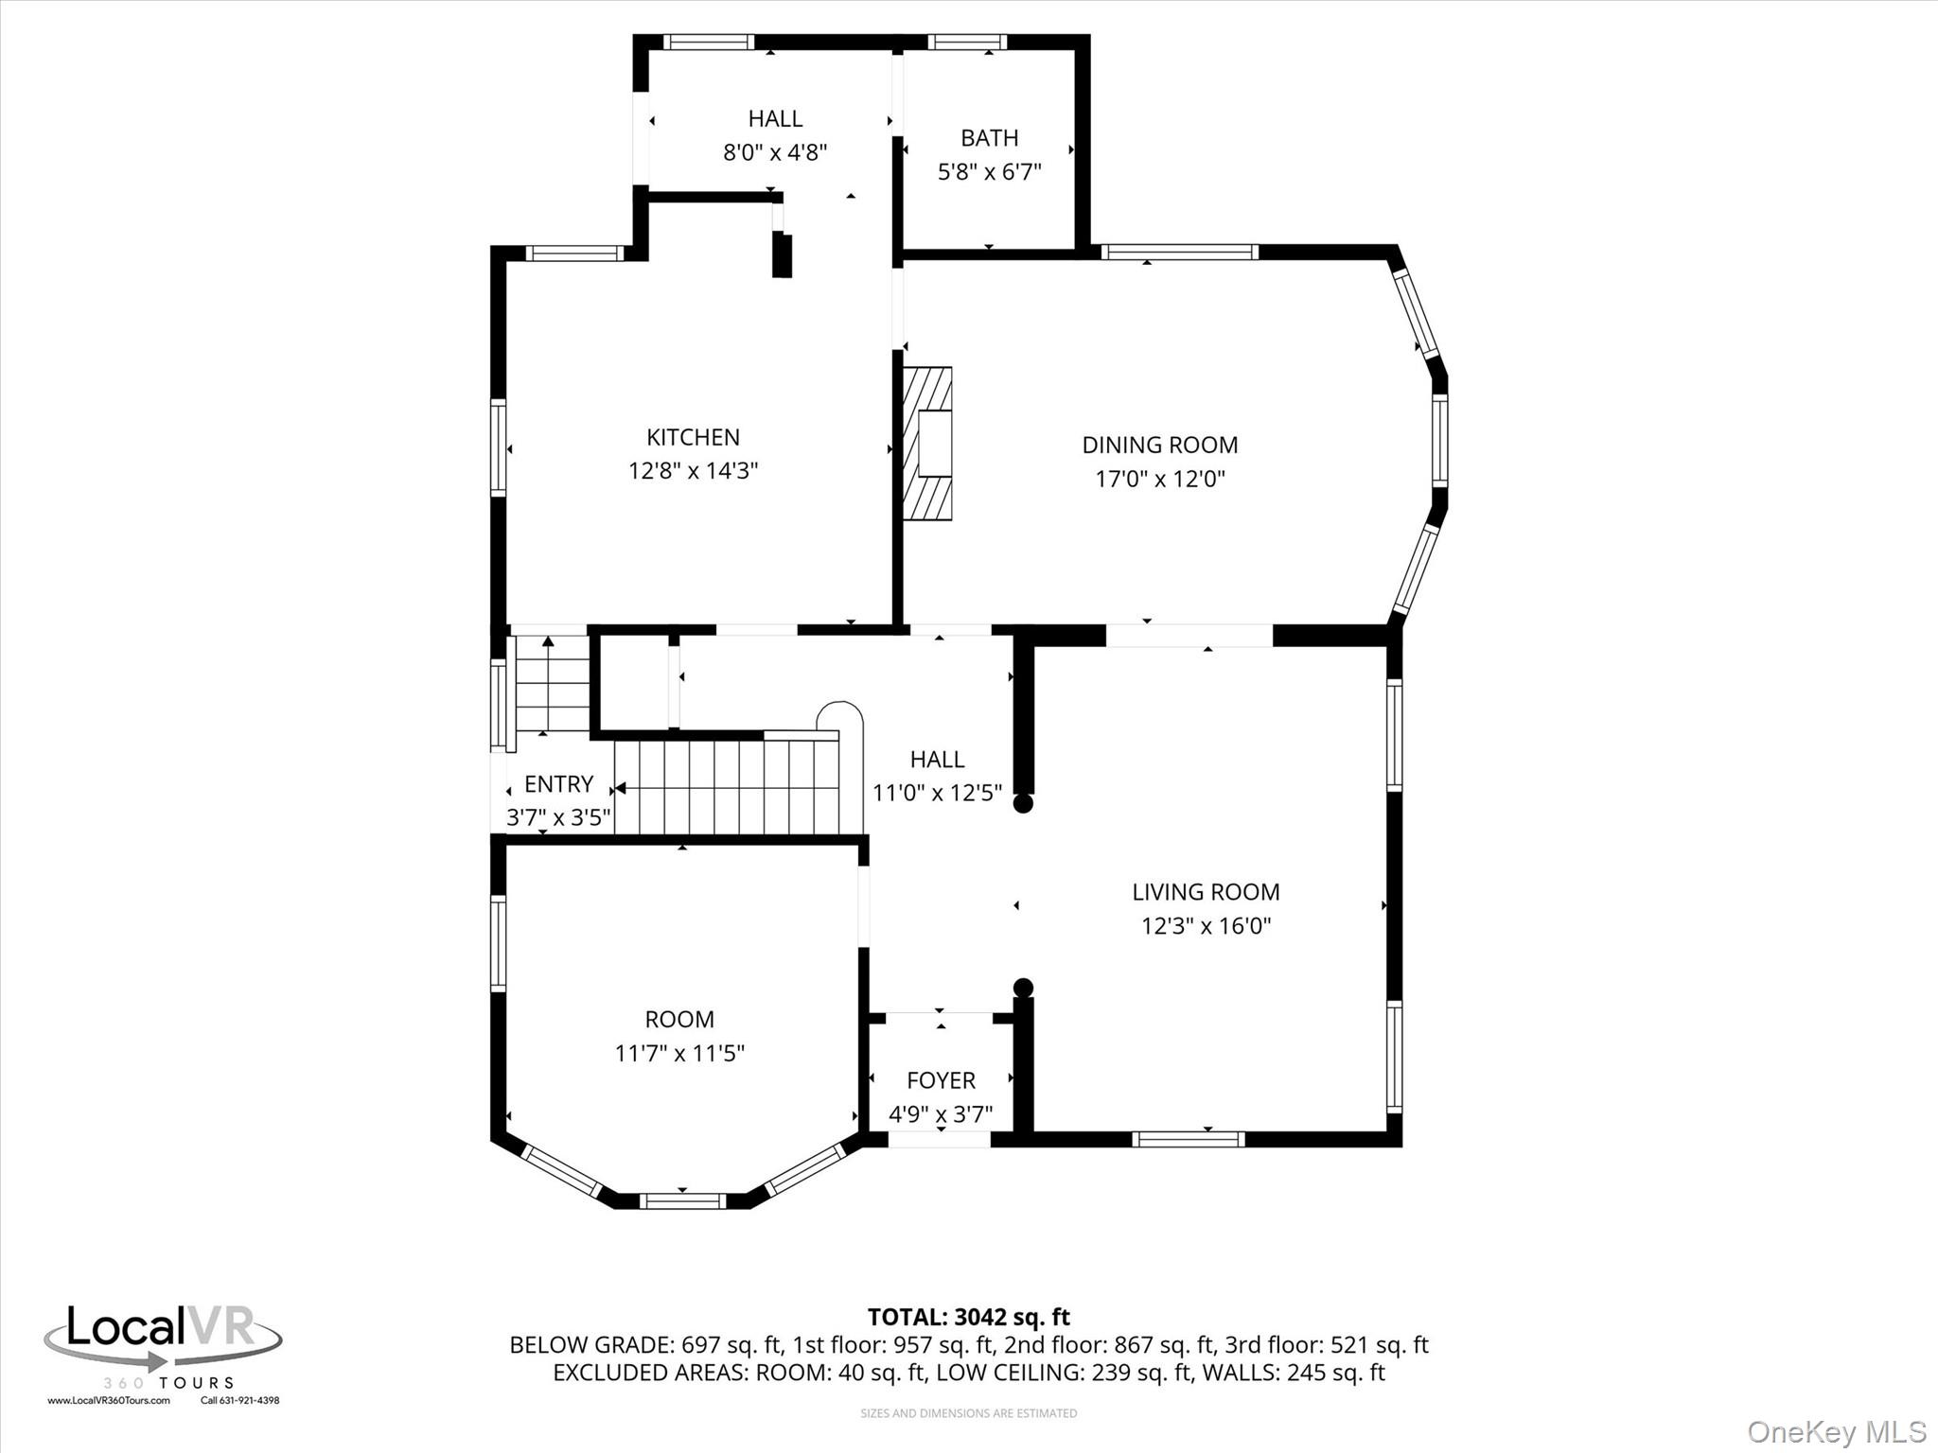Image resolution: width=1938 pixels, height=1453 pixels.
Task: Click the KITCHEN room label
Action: pyautogui.click(x=693, y=437)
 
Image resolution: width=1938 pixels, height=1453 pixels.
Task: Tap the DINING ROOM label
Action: pyautogui.click(x=1160, y=445)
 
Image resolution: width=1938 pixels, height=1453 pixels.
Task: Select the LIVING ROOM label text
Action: pyautogui.click(x=1206, y=892)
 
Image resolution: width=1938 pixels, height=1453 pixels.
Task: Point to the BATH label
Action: pyautogui.click(x=990, y=138)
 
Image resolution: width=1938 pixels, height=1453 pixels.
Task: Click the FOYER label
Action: pyautogui.click(x=941, y=1080)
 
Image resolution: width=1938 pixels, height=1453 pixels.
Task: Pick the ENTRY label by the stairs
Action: pyautogui.click(x=558, y=784)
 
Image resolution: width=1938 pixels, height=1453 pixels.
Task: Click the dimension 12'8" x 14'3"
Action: pyautogui.click(x=694, y=470)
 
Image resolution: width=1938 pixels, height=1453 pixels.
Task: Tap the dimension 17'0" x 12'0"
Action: pyautogui.click(x=1160, y=479)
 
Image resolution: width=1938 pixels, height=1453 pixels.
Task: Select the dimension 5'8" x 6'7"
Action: pyautogui.click(x=990, y=172)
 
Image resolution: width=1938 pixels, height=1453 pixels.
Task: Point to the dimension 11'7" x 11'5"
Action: pyautogui.click(x=679, y=1053)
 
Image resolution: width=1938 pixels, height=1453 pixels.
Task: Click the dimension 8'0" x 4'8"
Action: pyautogui.click(x=775, y=152)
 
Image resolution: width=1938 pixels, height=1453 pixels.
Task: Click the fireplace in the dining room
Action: pyautogui.click(x=927, y=444)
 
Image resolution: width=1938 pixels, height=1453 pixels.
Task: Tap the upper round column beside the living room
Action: pyautogui.click(x=1023, y=804)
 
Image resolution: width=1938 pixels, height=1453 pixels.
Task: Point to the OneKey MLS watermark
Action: pyautogui.click(x=1837, y=1431)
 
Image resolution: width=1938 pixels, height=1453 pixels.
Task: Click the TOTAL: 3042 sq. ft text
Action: pyautogui.click(x=969, y=1317)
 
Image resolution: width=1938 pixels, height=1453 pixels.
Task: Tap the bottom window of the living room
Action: pyautogui.click(x=1189, y=1139)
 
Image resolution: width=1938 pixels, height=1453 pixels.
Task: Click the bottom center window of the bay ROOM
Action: pyautogui.click(x=682, y=1201)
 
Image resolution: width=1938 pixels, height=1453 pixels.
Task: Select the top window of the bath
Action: pyautogui.click(x=966, y=42)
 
